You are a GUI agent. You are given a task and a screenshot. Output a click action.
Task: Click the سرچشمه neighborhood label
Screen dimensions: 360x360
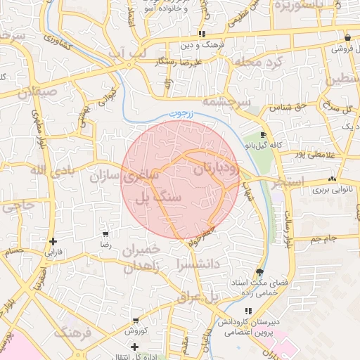[x=226, y=102]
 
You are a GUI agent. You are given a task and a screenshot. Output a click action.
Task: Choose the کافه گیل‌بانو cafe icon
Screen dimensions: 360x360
[x=263, y=134]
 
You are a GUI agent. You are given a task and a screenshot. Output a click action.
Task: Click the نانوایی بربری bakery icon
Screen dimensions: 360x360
[x=332, y=179]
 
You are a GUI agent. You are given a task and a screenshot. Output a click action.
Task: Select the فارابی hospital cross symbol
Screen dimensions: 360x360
[x=53, y=241]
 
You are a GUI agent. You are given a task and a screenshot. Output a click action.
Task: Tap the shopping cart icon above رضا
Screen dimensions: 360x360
[x=105, y=234]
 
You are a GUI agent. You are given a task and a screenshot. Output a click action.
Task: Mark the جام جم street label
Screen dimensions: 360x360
[x=325, y=239]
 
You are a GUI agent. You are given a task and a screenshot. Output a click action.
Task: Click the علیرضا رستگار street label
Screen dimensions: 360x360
[x=185, y=62]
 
